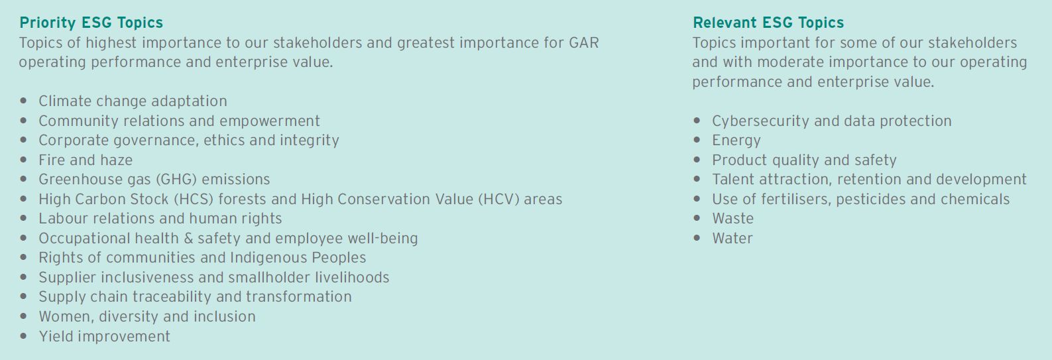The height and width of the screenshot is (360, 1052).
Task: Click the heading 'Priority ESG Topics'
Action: pos(91,23)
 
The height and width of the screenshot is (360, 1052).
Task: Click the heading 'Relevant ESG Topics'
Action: pos(768,23)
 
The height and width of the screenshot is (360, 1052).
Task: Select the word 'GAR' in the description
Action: pos(584,43)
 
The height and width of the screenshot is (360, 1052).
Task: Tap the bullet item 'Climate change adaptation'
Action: pos(133,101)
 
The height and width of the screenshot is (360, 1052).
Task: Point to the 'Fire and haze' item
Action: pos(86,160)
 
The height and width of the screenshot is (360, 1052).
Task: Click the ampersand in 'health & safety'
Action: pos(188,238)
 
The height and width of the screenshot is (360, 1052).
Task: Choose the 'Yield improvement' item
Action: pos(104,336)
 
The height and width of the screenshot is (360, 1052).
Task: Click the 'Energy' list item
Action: pos(736,141)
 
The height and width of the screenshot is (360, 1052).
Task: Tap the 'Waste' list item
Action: pos(732,219)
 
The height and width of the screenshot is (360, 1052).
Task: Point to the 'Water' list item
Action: pos(732,238)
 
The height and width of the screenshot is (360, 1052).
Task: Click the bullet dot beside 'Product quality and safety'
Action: pos(697,160)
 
